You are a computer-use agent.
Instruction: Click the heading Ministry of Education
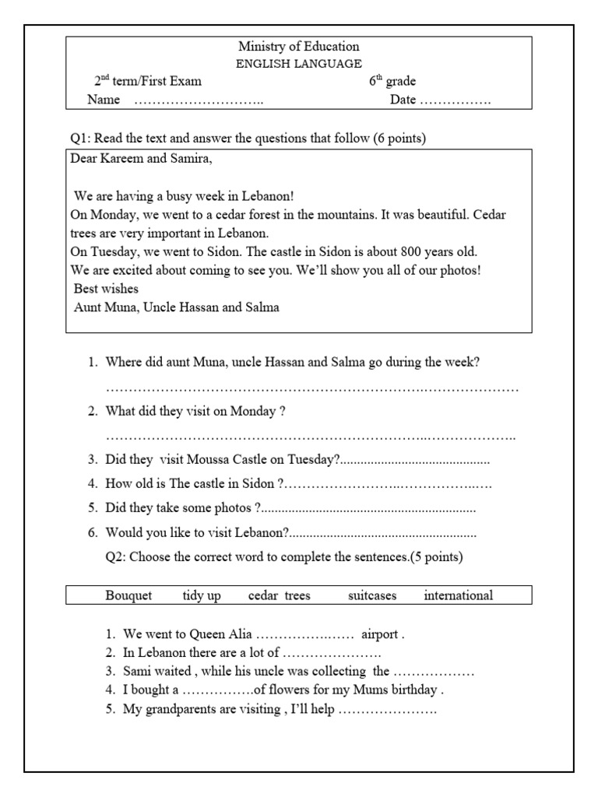click(298, 47)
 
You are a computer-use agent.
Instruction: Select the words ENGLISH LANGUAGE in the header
click(298, 64)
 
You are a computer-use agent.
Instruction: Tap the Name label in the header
click(104, 100)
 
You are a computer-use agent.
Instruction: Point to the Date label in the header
click(403, 100)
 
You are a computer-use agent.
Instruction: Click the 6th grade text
click(392, 81)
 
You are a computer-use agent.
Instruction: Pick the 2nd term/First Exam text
click(148, 81)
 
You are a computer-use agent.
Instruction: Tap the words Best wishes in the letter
click(106, 288)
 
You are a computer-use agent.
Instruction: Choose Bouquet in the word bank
click(128, 595)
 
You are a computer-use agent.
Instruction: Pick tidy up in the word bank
click(202, 595)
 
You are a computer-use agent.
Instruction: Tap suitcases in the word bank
click(372, 595)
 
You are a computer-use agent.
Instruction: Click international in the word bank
click(458, 595)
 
